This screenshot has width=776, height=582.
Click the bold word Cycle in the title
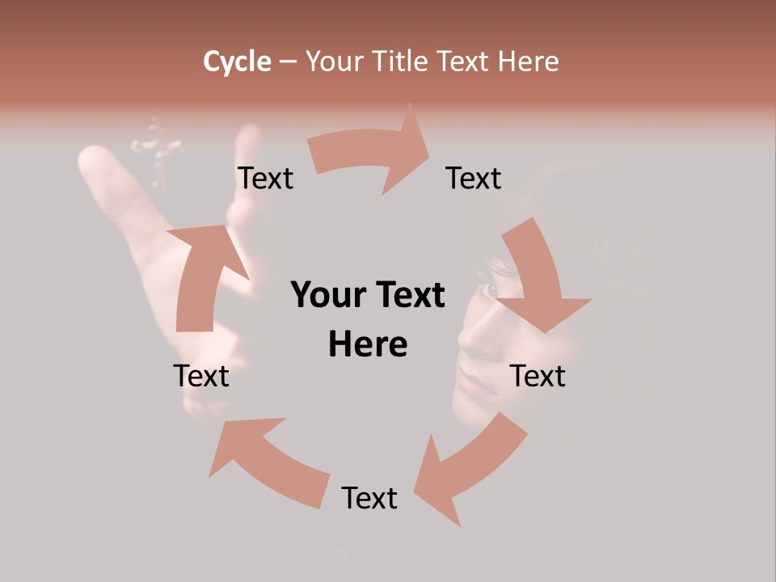point(237,61)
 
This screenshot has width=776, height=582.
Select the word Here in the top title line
point(528,61)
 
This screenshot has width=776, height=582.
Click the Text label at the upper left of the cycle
point(265,178)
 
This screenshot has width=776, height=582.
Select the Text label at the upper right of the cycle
point(474,178)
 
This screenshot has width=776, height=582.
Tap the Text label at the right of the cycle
point(538,376)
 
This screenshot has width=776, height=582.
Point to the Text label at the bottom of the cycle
point(369,498)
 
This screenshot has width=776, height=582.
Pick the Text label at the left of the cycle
point(201,376)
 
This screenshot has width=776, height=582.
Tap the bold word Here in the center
point(368,344)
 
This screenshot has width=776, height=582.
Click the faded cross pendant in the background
point(158,149)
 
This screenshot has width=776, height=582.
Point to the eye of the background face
point(490,289)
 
